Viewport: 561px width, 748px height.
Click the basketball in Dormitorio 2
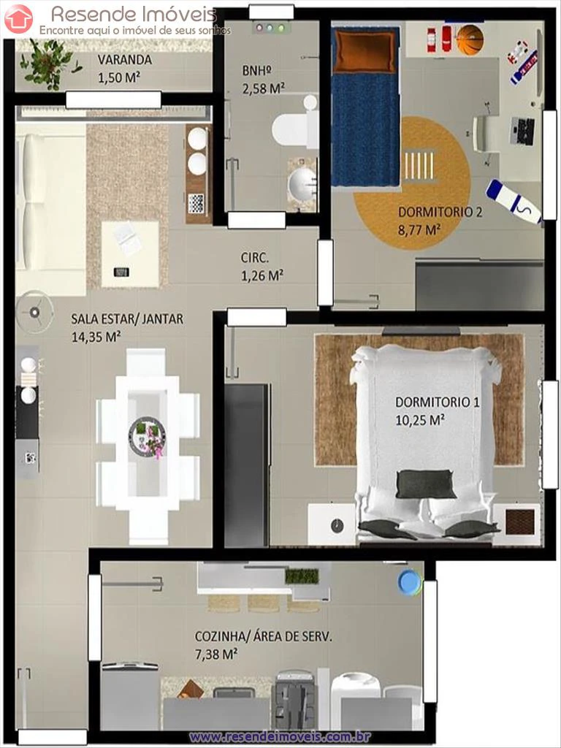(470, 40)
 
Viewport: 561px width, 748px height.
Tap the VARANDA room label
(125, 60)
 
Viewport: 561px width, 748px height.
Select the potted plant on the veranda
(49, 64)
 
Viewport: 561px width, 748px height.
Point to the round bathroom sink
(302, 183)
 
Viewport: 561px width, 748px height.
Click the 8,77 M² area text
(419, 230)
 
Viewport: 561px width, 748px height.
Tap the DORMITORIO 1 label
(438, 402)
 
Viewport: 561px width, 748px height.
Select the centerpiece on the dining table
(148, 438)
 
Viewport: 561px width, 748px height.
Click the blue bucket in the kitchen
(411, 582)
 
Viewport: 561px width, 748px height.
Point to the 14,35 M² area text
(96, 337)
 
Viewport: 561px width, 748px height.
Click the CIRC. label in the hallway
(255, 258)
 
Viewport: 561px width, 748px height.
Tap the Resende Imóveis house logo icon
(18, 18)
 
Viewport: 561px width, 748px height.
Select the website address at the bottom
(280, 738)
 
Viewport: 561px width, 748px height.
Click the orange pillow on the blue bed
(365, 50)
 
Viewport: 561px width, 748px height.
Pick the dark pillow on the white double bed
(425, 484)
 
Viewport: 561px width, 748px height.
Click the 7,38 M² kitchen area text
(216, 654)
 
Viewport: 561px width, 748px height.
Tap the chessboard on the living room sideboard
(196, 204)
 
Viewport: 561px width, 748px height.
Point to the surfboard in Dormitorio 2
(514, 202)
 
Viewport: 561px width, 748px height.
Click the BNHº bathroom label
(256, 71)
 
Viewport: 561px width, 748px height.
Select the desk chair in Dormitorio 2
(485, 134)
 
